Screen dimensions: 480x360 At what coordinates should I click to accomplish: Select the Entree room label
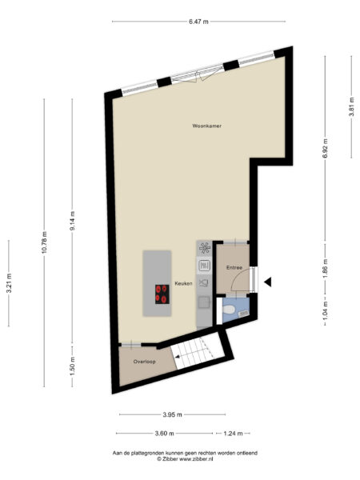click(234, 266)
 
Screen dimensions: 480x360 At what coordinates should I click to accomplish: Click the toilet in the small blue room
click(230, 309)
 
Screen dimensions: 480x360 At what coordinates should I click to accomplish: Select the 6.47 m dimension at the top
click(199, 22)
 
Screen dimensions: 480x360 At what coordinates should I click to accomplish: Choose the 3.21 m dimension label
click(9, 282)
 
